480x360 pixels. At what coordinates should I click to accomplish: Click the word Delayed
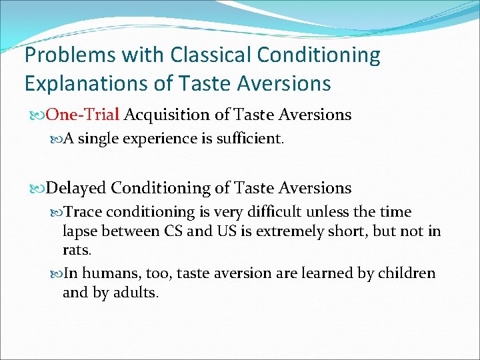76,188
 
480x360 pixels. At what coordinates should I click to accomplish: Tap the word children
408,273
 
